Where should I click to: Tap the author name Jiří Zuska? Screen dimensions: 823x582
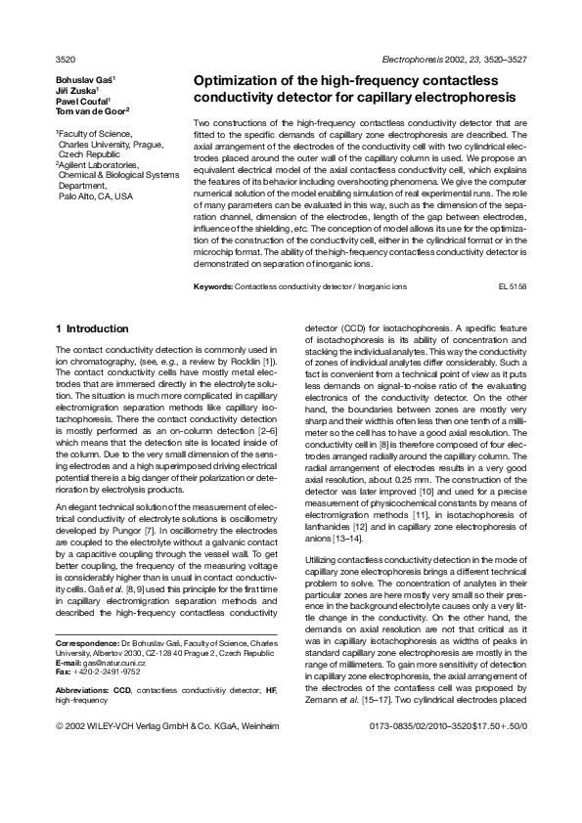[x=81, y=89]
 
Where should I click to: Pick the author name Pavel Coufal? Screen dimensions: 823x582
[x=84, y=101]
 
